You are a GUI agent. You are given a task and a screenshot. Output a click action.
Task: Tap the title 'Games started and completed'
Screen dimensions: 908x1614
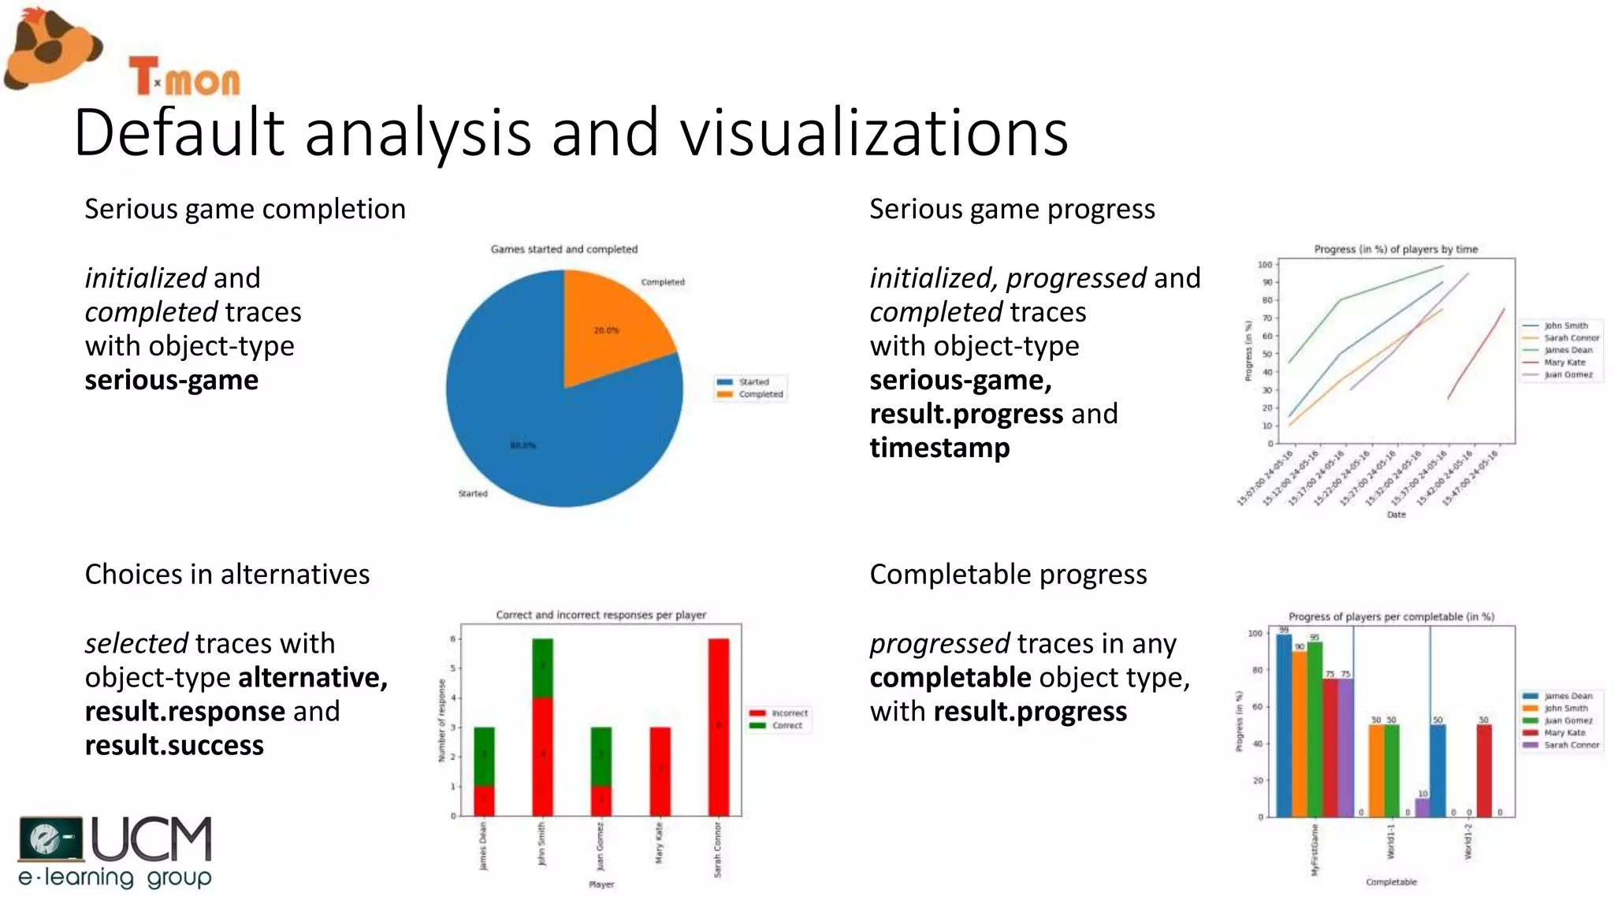(564, 249)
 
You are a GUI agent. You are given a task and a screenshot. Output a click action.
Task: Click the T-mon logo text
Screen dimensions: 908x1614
(184, 77)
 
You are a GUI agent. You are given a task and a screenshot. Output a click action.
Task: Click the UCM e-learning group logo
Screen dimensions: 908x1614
(116, 852)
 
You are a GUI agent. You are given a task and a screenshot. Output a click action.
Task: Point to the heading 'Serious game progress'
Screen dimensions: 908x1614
(1012, 210)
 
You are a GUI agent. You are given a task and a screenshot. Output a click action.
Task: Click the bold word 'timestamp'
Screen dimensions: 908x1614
(939, 448)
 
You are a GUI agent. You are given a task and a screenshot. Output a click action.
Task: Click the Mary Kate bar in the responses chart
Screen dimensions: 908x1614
(660, 771)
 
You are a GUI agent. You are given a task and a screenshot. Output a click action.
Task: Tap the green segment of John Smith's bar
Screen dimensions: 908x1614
(542, 668)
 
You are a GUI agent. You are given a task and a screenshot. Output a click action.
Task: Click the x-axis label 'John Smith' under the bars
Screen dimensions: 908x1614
(542, 844)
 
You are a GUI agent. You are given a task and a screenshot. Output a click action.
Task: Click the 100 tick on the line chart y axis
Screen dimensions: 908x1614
(1264, 265)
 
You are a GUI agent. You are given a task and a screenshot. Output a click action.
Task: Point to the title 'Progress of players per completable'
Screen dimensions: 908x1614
(1391, 616)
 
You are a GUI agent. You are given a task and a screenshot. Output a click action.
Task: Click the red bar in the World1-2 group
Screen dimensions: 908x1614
(1484, 771)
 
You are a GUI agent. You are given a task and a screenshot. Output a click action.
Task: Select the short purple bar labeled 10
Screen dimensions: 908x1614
(1422, 808)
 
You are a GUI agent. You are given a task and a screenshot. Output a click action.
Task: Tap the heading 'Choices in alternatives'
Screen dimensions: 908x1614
(227, 575)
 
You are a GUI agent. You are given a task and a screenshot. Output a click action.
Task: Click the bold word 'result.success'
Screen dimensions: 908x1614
(174, 746)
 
